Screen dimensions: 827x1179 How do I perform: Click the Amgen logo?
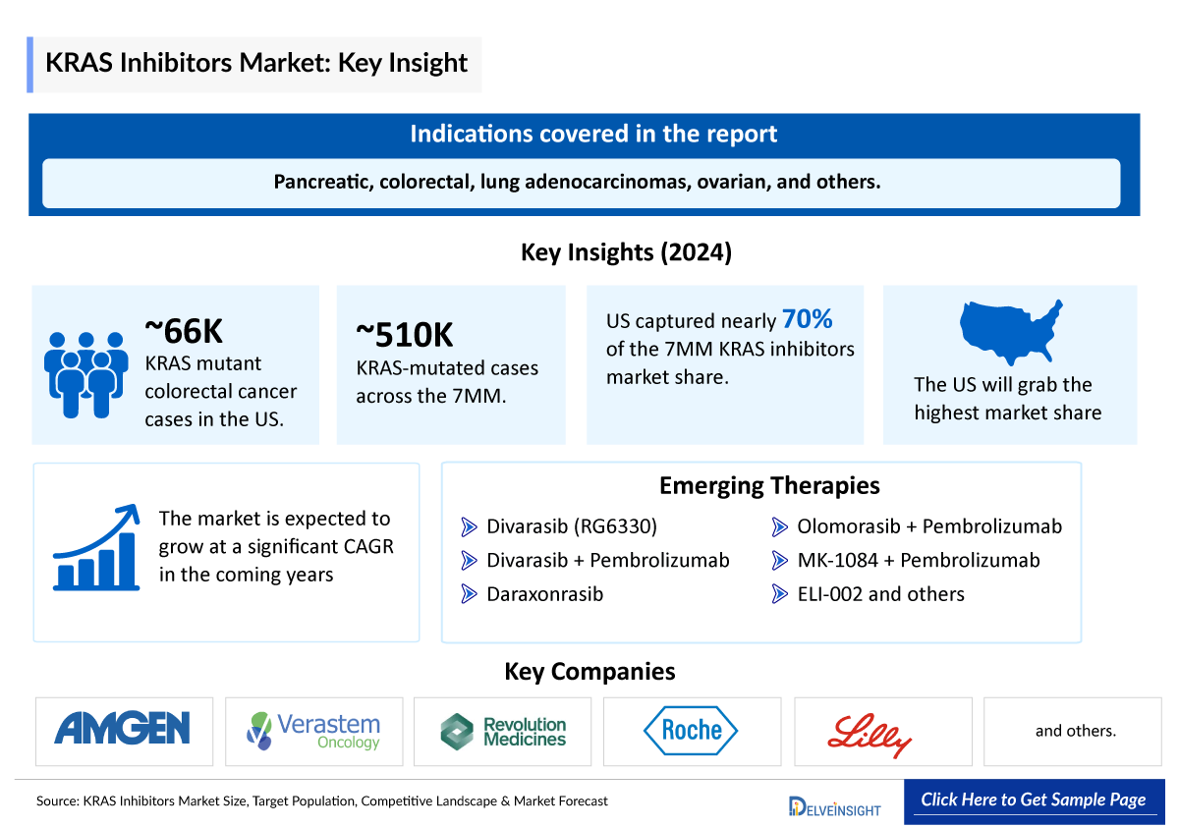[123, 729]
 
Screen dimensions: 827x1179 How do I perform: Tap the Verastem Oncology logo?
[313, 731]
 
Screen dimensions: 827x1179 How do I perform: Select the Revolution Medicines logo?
[503, 731]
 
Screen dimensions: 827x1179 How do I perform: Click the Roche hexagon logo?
[691, 730]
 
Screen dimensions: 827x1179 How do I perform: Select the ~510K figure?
[405, 335]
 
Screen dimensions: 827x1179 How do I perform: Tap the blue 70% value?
[807, 319]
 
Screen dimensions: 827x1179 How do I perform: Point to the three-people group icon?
[86, 372]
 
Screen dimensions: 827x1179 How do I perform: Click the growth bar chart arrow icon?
[95, 547]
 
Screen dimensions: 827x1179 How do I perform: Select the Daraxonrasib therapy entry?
[544, 594]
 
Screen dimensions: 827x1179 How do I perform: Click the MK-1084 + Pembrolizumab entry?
[918, 561]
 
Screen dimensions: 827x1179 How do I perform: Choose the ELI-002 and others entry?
[880, 594]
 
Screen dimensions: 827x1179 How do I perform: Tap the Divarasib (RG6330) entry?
[572, 527]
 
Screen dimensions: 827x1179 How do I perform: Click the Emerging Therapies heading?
[769, 485]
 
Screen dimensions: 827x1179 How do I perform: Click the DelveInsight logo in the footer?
[834, 806]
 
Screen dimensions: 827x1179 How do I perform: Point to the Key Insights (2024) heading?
[626, 252]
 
